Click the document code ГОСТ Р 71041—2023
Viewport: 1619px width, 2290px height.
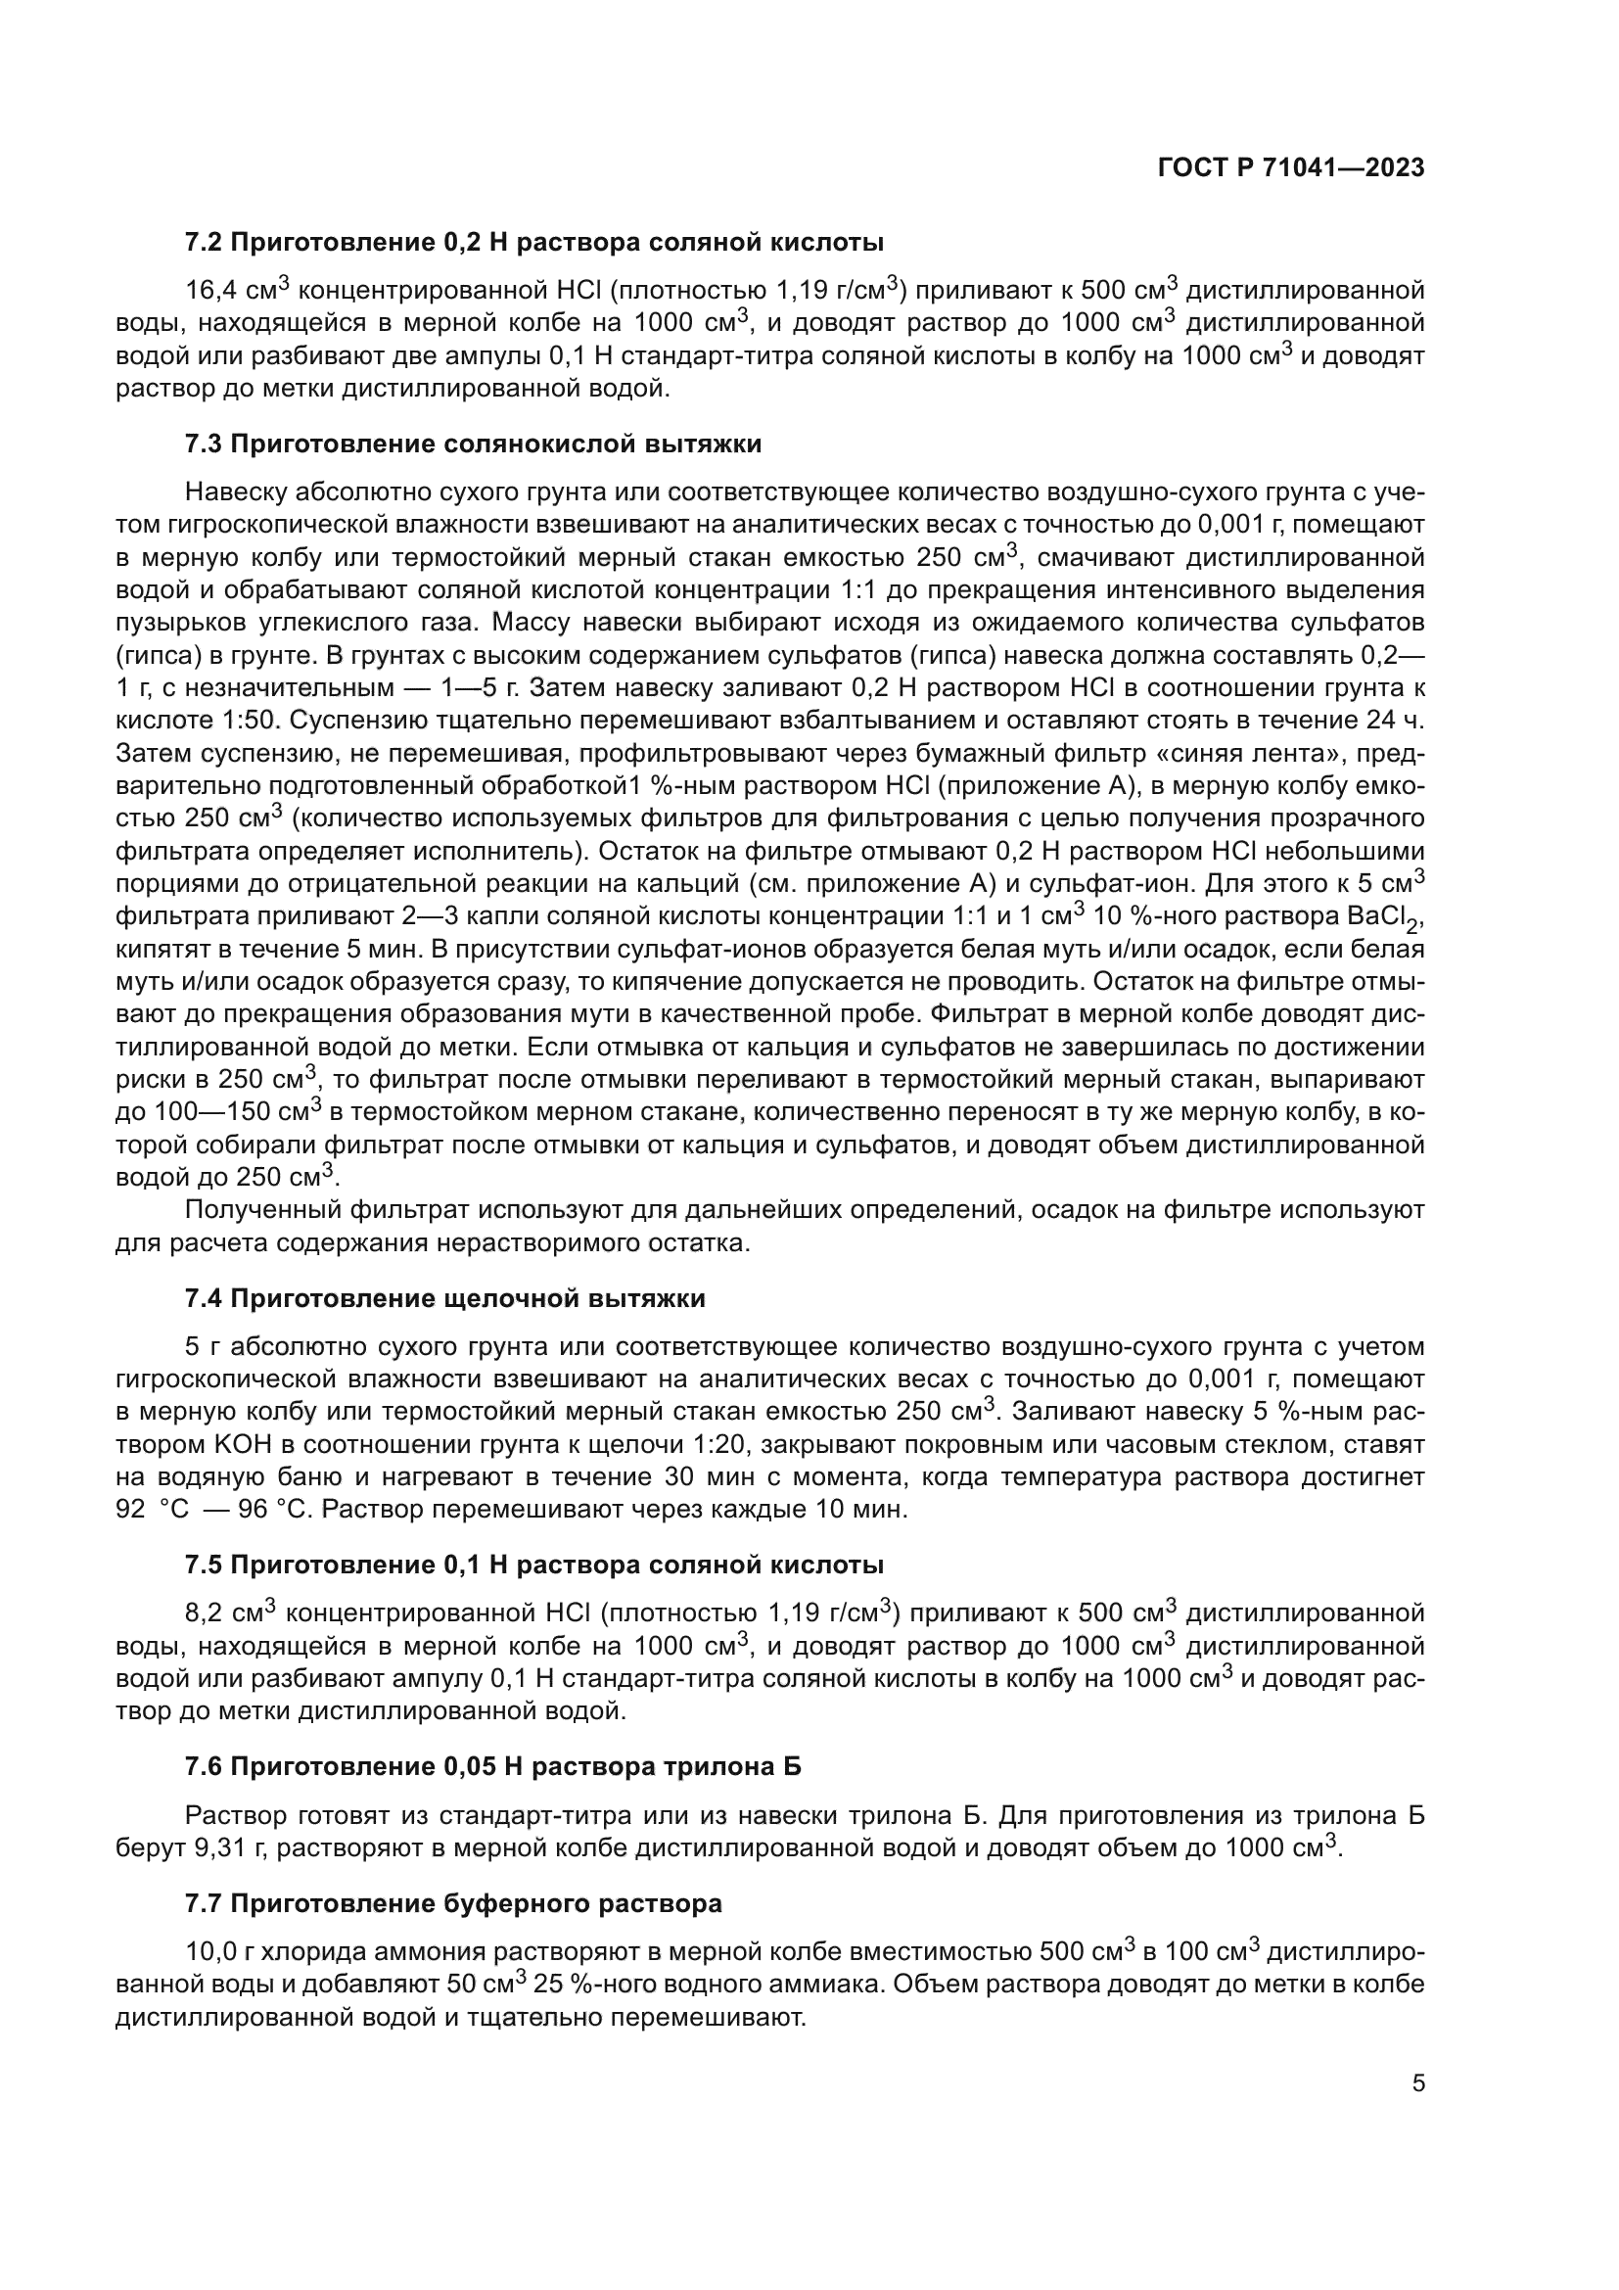click(x=1291, y=167)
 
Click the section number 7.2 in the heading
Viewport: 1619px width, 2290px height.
click(x=204, y=243)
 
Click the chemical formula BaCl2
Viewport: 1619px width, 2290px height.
click(x=1390, y=916)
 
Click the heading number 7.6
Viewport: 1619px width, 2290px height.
click(x=204, y=1766)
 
